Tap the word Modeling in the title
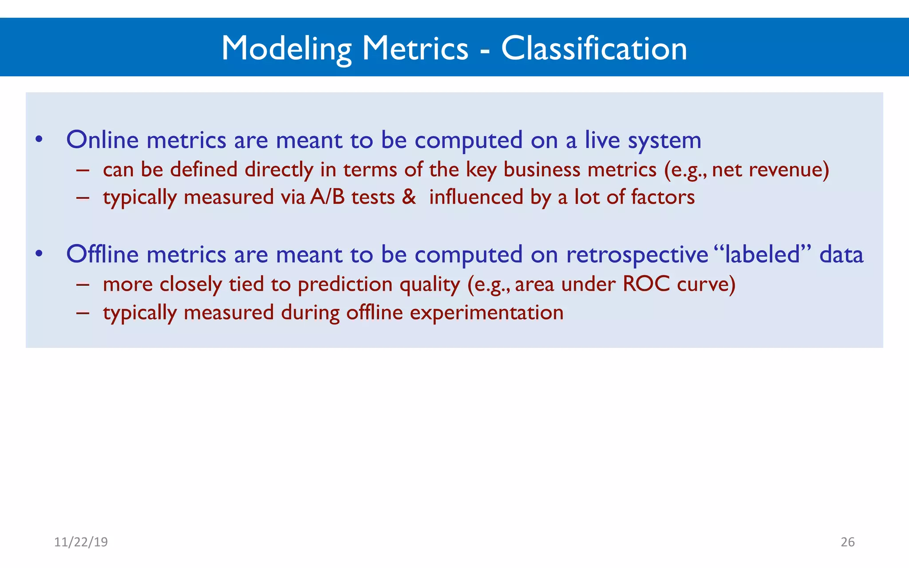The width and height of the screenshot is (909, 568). [x=286, y=49]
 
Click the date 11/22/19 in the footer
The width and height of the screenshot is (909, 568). [x=81, y=542]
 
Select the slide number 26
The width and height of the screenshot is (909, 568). [x=847, y=542]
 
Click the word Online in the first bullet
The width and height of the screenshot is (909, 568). [x=103, y=140]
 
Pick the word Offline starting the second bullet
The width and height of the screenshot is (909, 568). [x=103, y=254]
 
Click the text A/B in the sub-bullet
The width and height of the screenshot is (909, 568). [x=327, y=197]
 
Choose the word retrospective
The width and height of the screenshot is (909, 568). [x=637, y=255]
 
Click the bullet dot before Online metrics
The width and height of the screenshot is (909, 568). [x=39, y=140]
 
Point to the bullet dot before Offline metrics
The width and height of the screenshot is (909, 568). [x=39, y=254]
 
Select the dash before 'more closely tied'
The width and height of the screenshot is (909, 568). [x=83, y=284]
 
